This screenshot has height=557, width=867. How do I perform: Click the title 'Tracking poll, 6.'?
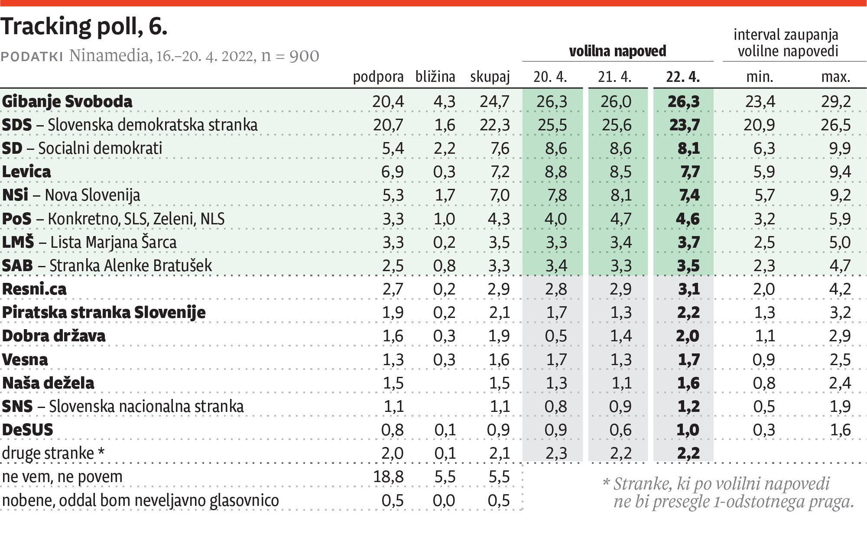click(84, 27)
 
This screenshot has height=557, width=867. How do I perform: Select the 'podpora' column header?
click(378, 77)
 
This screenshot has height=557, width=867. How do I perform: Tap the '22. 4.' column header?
click(683, 77)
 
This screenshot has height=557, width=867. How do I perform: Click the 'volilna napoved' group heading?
click(617, 52)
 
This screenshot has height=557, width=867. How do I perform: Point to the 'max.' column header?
click(835, 77)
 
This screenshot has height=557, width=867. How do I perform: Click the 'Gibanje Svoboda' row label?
click(67, 101)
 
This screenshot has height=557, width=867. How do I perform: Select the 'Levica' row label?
click(26, 172)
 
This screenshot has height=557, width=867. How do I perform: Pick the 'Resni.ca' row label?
click(34, 289)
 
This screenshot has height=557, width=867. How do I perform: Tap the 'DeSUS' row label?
click(27, 430)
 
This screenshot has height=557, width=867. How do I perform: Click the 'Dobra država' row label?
click(54, 336)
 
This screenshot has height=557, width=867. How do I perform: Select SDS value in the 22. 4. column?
click(684, 125)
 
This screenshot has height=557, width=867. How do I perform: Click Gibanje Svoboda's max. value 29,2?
click(835, 101)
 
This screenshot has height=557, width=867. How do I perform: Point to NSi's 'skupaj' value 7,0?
click(499, 195)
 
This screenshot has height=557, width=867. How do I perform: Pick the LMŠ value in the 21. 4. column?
click(620, 242)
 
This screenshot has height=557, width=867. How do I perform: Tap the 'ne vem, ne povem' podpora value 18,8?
click(388, 477)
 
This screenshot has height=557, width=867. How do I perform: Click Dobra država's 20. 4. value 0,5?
click(556, 336)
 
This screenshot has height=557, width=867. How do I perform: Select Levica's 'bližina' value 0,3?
click(444, 172)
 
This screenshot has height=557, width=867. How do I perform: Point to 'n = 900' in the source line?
click(290, 56)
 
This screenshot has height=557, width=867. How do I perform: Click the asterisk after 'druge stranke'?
click(101, 452)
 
